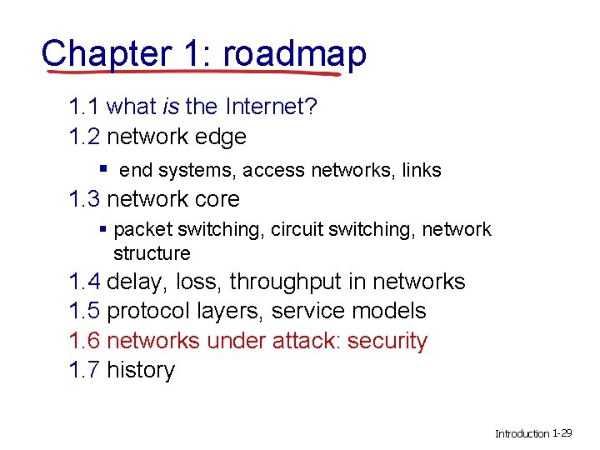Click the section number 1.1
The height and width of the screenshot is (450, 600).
tap(85, 107)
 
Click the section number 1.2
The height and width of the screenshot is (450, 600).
tap(85, 136)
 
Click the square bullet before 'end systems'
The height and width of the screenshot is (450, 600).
tap(102, 169)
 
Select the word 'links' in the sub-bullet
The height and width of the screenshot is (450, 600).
tap(422, 171)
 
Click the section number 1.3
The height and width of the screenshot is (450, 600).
tap(85, 199)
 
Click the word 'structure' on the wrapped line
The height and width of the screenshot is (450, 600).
tap(152, 252)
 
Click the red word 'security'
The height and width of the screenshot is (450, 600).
tap(387, 341)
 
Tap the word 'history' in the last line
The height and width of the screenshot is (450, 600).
tap(141, 370)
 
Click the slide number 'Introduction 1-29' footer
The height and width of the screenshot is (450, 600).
tap(533, 433)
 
